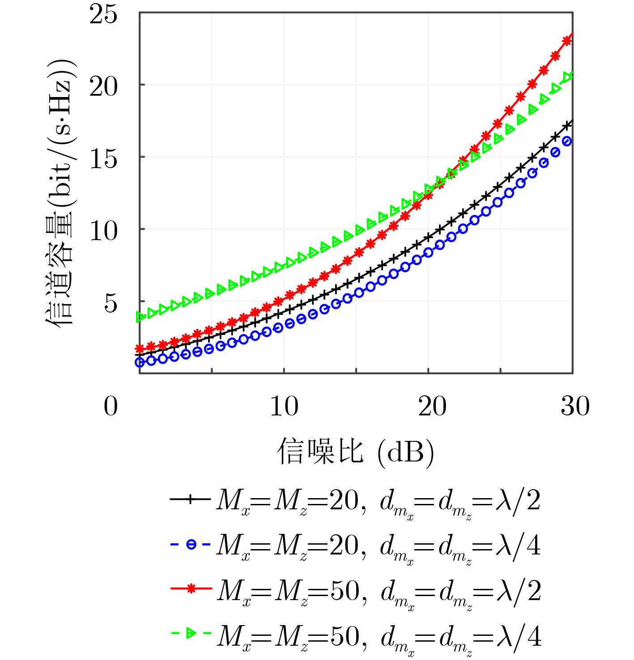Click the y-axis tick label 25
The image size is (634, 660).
tap(103, 14)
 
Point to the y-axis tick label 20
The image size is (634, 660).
tap(103, 86)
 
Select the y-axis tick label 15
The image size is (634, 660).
tap(103, 159)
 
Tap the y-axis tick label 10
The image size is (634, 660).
tap(103, 231)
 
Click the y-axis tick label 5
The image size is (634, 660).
tap(111, 304)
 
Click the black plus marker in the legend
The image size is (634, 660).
tap(190, 499)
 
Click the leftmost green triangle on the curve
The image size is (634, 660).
tap(141, 317)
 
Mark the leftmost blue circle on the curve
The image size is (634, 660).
tap(140, 362)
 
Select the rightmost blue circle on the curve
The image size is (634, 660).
tap(567, 142)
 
